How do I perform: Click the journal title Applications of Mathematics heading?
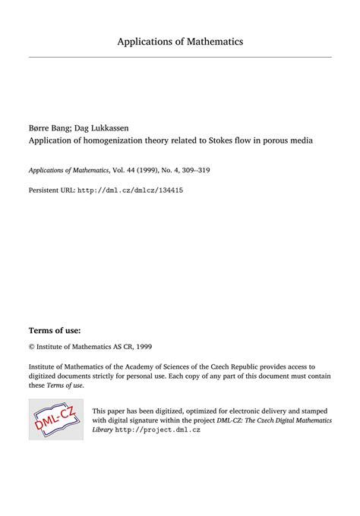(180, 41)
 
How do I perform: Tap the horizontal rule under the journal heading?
(180, 57)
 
